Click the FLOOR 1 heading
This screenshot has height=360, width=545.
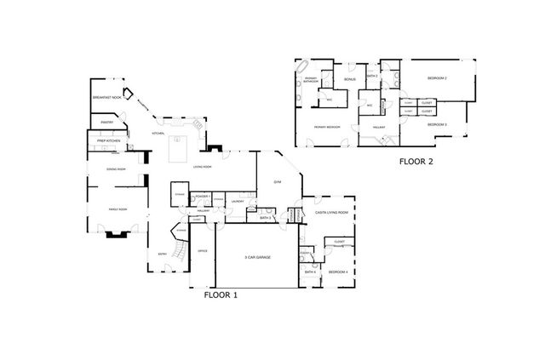tap(221, 295)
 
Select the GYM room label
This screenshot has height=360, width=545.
tap(277, 182)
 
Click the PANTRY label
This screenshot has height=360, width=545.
tap(106, 123)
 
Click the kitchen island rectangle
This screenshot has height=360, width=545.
tap(181, 149)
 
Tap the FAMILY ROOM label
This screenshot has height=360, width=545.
tap(116, 209)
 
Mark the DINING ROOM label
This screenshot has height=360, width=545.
tap(116, 169)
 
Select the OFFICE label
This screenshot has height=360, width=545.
tap(203, 251)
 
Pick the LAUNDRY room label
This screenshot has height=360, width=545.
tap(236, 202)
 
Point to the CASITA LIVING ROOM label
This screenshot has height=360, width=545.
tap(326, 212)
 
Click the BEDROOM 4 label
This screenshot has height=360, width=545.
tap(338, 271)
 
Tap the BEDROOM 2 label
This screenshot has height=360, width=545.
tap(437, 78)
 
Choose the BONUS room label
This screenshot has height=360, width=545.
tap(349, 79)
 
